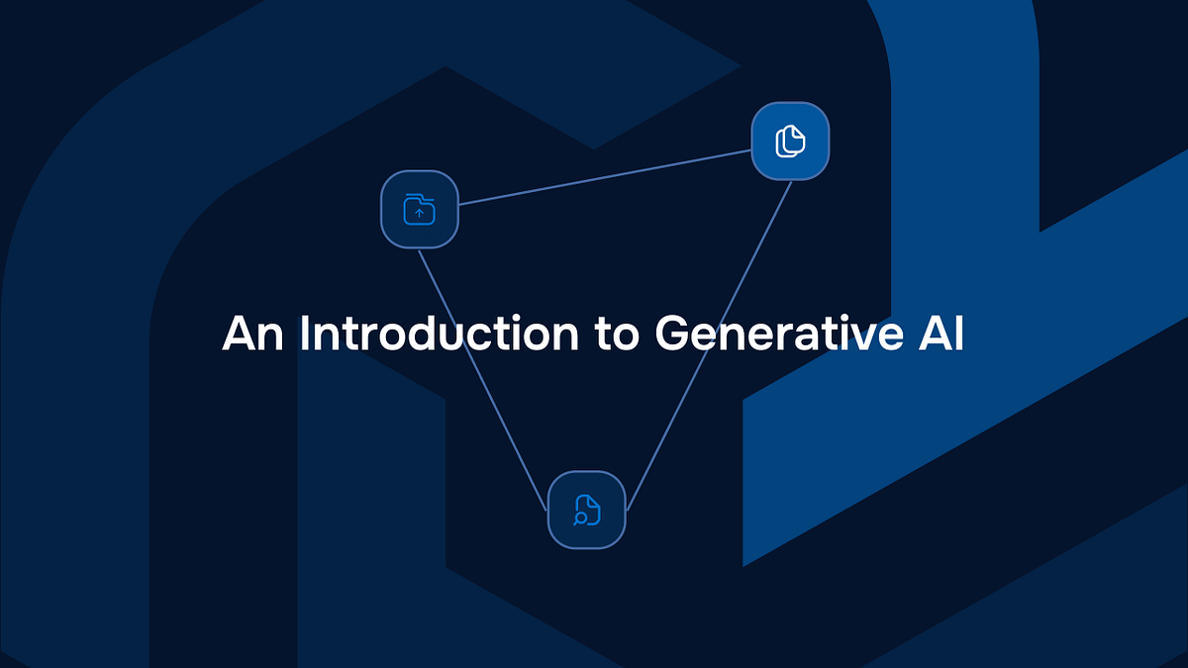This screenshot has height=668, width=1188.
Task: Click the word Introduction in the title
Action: (439, 334)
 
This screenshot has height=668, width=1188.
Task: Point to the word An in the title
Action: (252, 334)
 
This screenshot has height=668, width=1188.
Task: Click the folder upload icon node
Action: (420, 210)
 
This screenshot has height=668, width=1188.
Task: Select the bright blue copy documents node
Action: (790, 141)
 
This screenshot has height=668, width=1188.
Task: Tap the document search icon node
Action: (587, 510)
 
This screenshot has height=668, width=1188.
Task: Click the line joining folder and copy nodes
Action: (604, 178)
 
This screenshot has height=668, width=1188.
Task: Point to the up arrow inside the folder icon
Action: (419, 213)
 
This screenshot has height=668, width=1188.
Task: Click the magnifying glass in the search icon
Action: (580, 518)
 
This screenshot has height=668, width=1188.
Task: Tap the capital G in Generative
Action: (674, 334)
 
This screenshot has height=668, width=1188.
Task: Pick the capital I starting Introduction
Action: (305, 334)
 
